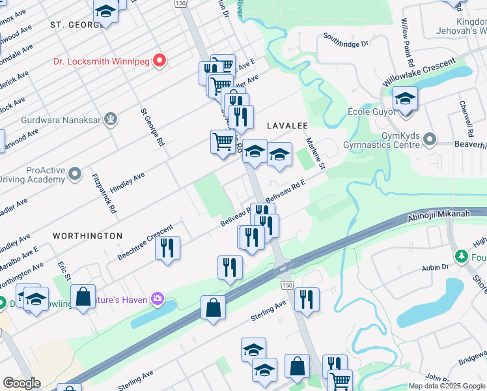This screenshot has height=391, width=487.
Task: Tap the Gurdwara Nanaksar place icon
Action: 112,119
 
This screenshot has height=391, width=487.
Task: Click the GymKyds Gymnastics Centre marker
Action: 429,139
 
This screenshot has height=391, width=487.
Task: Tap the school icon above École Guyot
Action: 405,100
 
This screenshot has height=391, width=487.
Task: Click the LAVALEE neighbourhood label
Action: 286,124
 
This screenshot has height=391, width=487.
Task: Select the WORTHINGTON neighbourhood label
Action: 87,235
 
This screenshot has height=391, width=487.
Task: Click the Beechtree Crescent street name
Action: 145,242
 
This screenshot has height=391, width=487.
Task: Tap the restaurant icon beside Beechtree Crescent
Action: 168,248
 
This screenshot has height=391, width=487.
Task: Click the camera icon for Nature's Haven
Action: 157,300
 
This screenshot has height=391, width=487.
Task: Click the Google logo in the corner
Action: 21,383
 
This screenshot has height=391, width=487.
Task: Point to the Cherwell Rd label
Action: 464,114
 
